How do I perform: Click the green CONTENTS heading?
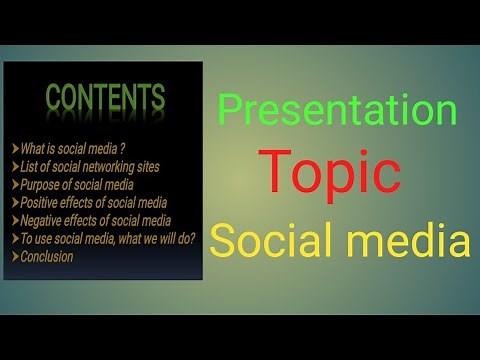tap(105, 98)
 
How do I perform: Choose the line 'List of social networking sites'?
tap(88, 166)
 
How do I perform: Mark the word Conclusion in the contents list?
tap(46, 256)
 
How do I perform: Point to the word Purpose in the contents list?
tap(38, 184)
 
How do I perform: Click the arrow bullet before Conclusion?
tap(13, 256)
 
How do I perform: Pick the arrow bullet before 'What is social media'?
tap(13, 148)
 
